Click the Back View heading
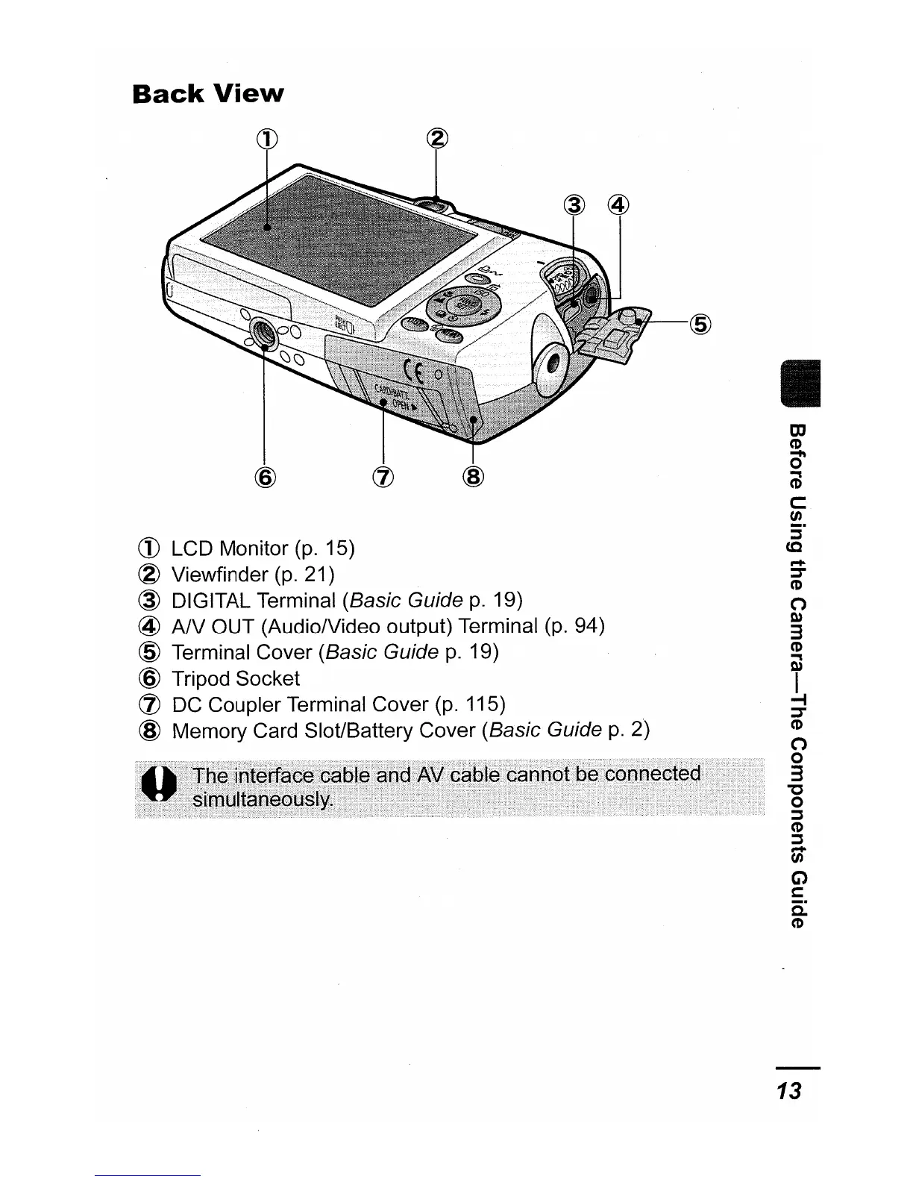[207, 94]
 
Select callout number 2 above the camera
[437, 137]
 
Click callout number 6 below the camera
[266, 476]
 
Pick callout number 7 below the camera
[383, 476]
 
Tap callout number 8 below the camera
[474, 476]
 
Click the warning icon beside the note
[158, 786]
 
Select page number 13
[788, 1091]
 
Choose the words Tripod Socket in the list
[236, 679]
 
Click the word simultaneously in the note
[262, 800]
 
